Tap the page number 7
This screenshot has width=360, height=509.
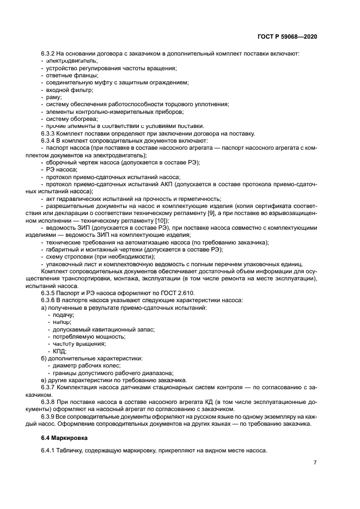coord(315,462)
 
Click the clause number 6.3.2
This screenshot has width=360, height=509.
coord(50,53)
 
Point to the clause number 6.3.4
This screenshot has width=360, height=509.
coord(50,140)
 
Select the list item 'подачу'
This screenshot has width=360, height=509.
coord(63,315)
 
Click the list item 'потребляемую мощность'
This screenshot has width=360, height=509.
coord(83,336)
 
